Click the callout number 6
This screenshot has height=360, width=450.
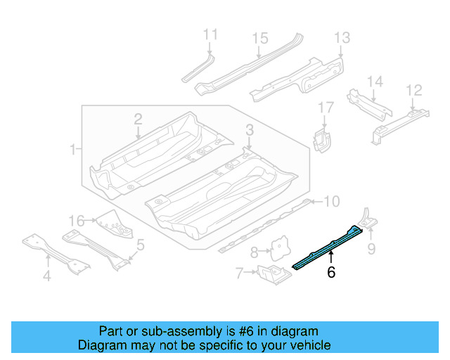coord(330,272)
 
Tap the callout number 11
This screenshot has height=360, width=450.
coord(210,35)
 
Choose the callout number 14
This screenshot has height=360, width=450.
coord(375,82)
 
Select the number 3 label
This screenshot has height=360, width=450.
coord(250,129)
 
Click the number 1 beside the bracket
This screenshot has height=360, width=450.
coord(72,149)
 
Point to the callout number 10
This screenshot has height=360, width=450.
coord(330,202)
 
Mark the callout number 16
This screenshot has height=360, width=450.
coord(76,220)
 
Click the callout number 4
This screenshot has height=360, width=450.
coord(46,276)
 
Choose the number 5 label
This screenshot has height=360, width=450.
coord(141,245)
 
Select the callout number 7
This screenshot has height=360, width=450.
coord(239,271)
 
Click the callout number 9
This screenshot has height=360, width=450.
coord(371,247)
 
